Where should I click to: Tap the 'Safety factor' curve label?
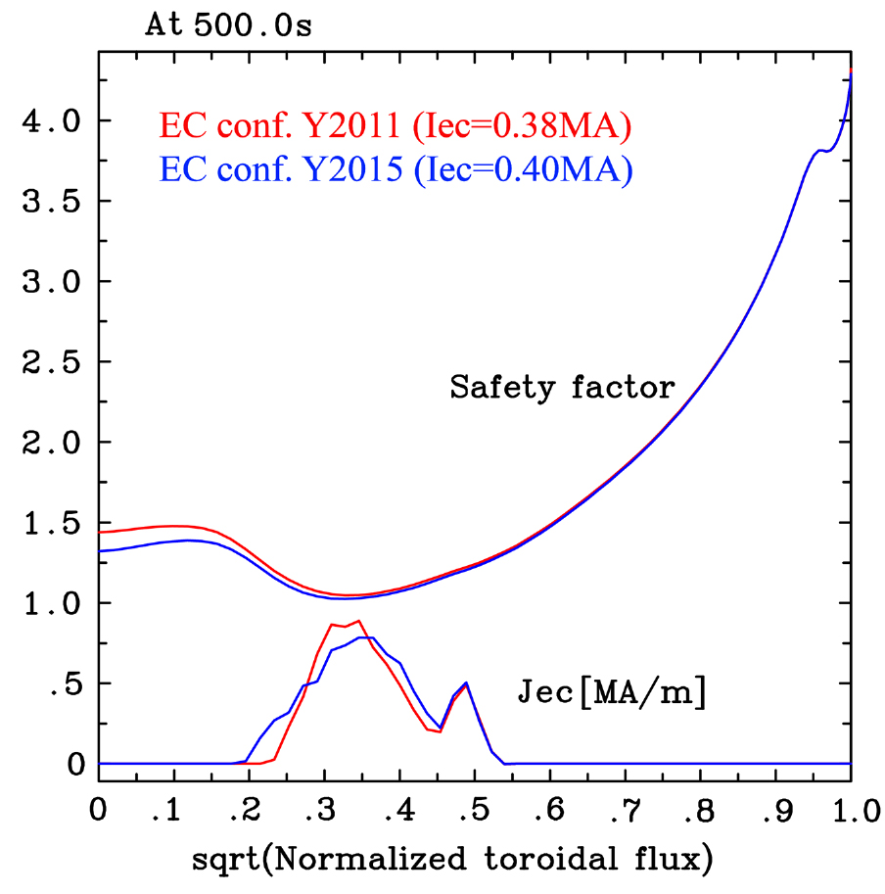(x=562, y=388)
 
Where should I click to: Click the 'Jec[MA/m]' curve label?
(x=611, y=694)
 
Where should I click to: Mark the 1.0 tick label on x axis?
(x=848, y=811)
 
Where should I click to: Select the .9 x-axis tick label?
(x=772, y=811)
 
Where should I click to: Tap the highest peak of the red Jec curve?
(x=359, y=621)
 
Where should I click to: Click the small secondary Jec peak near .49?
(x=466, y=682)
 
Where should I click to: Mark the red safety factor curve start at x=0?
(x=101, y=532)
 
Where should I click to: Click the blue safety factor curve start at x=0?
(x=101, y=550)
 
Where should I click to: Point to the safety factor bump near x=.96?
(x=820, y=150)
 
